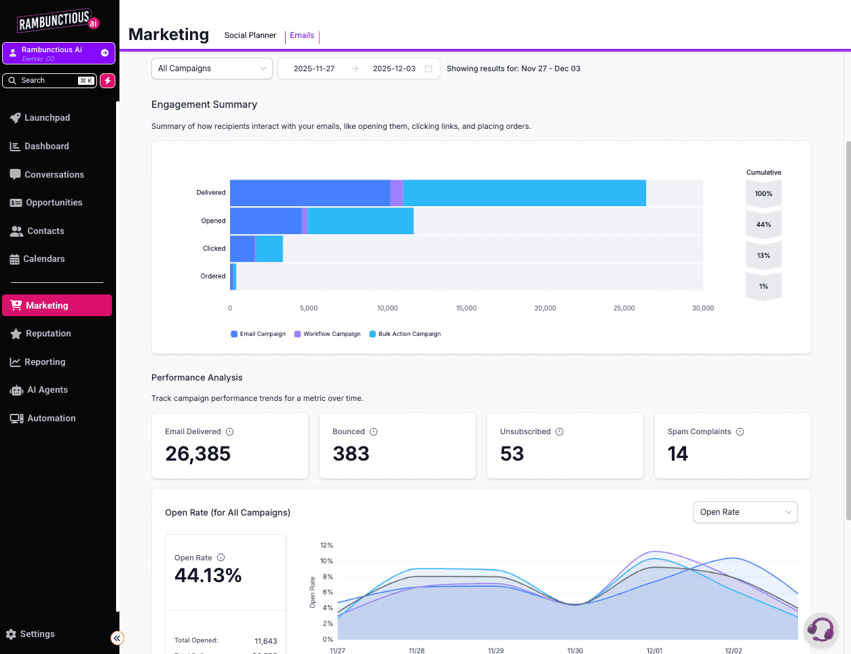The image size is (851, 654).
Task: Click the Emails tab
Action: click(302, 35)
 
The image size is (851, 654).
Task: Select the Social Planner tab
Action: click(250, 35)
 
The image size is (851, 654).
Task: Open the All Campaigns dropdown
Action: click(212, 69)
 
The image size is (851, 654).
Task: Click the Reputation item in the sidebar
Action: click(48, 334)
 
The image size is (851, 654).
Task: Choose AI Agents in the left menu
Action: click(47, 390)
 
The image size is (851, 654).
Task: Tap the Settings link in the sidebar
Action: click(37, 634)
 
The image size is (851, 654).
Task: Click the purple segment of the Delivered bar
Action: click(396, 193)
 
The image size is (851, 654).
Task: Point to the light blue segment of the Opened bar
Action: click(360, 221)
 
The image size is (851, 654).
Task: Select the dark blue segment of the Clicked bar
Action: click(242, 249)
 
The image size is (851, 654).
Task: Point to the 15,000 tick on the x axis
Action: click(466, 308)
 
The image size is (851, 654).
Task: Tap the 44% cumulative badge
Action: click(763, 225)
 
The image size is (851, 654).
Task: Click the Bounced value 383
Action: click(351, 454)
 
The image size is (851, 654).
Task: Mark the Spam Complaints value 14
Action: click(677, 454)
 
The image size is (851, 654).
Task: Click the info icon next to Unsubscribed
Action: click(559, 432)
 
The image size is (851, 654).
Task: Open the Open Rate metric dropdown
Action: click(745, 512)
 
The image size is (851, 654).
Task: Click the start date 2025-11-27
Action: click(314, 69)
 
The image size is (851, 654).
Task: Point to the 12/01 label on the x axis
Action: click(654, 651)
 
